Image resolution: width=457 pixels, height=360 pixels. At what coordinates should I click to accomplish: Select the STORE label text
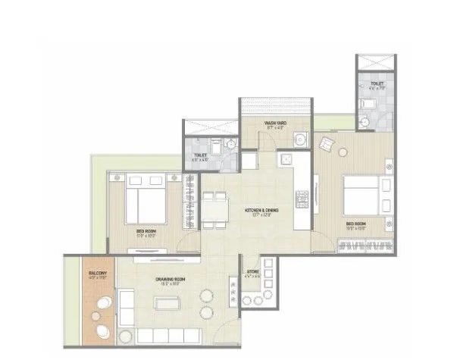(253, 271)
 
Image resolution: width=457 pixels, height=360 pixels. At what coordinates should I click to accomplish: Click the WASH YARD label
(274, 122)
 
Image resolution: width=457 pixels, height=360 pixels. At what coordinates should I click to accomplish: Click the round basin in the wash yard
(301, 139)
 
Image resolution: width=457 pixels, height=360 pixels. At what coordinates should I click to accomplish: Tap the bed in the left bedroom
(145, 199)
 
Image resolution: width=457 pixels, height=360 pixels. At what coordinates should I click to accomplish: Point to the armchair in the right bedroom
(329, 143)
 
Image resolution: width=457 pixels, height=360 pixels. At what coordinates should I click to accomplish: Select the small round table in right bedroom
(389, 164)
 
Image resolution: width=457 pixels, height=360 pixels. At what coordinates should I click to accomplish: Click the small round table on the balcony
(100, 317)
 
